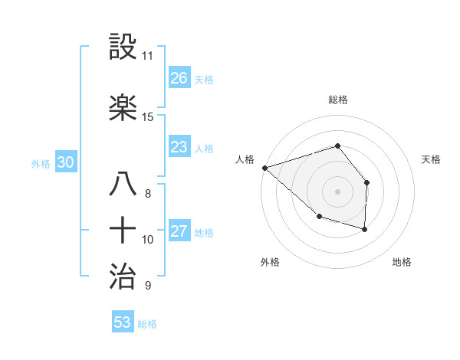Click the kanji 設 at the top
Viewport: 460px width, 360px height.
pos(124,47)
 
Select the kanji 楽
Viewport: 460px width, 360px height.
pos(124,108)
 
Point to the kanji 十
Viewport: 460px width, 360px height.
pos(124,231)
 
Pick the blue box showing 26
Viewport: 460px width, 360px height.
pos(179,78)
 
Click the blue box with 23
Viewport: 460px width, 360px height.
pos(179,147)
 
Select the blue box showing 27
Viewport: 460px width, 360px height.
pos(179,232)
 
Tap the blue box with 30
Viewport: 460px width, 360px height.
pos(65,162)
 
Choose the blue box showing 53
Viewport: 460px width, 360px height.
pos(123,322)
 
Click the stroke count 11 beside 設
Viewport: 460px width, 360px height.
pos(148,56)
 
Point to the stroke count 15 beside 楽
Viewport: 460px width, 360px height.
pos(148,116)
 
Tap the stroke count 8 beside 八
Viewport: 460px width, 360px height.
pos(147,194)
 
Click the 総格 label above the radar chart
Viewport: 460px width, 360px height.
pos(337,100)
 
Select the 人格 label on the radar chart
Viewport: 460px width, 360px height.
pos(245,159)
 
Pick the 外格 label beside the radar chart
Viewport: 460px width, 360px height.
pos(270,263)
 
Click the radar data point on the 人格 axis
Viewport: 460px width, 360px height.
pos(264,167)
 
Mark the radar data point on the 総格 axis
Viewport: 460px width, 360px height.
pos(337,146)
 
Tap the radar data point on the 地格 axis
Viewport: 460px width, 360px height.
pos(364,229)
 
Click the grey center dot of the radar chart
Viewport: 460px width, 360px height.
pos(337,191)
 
